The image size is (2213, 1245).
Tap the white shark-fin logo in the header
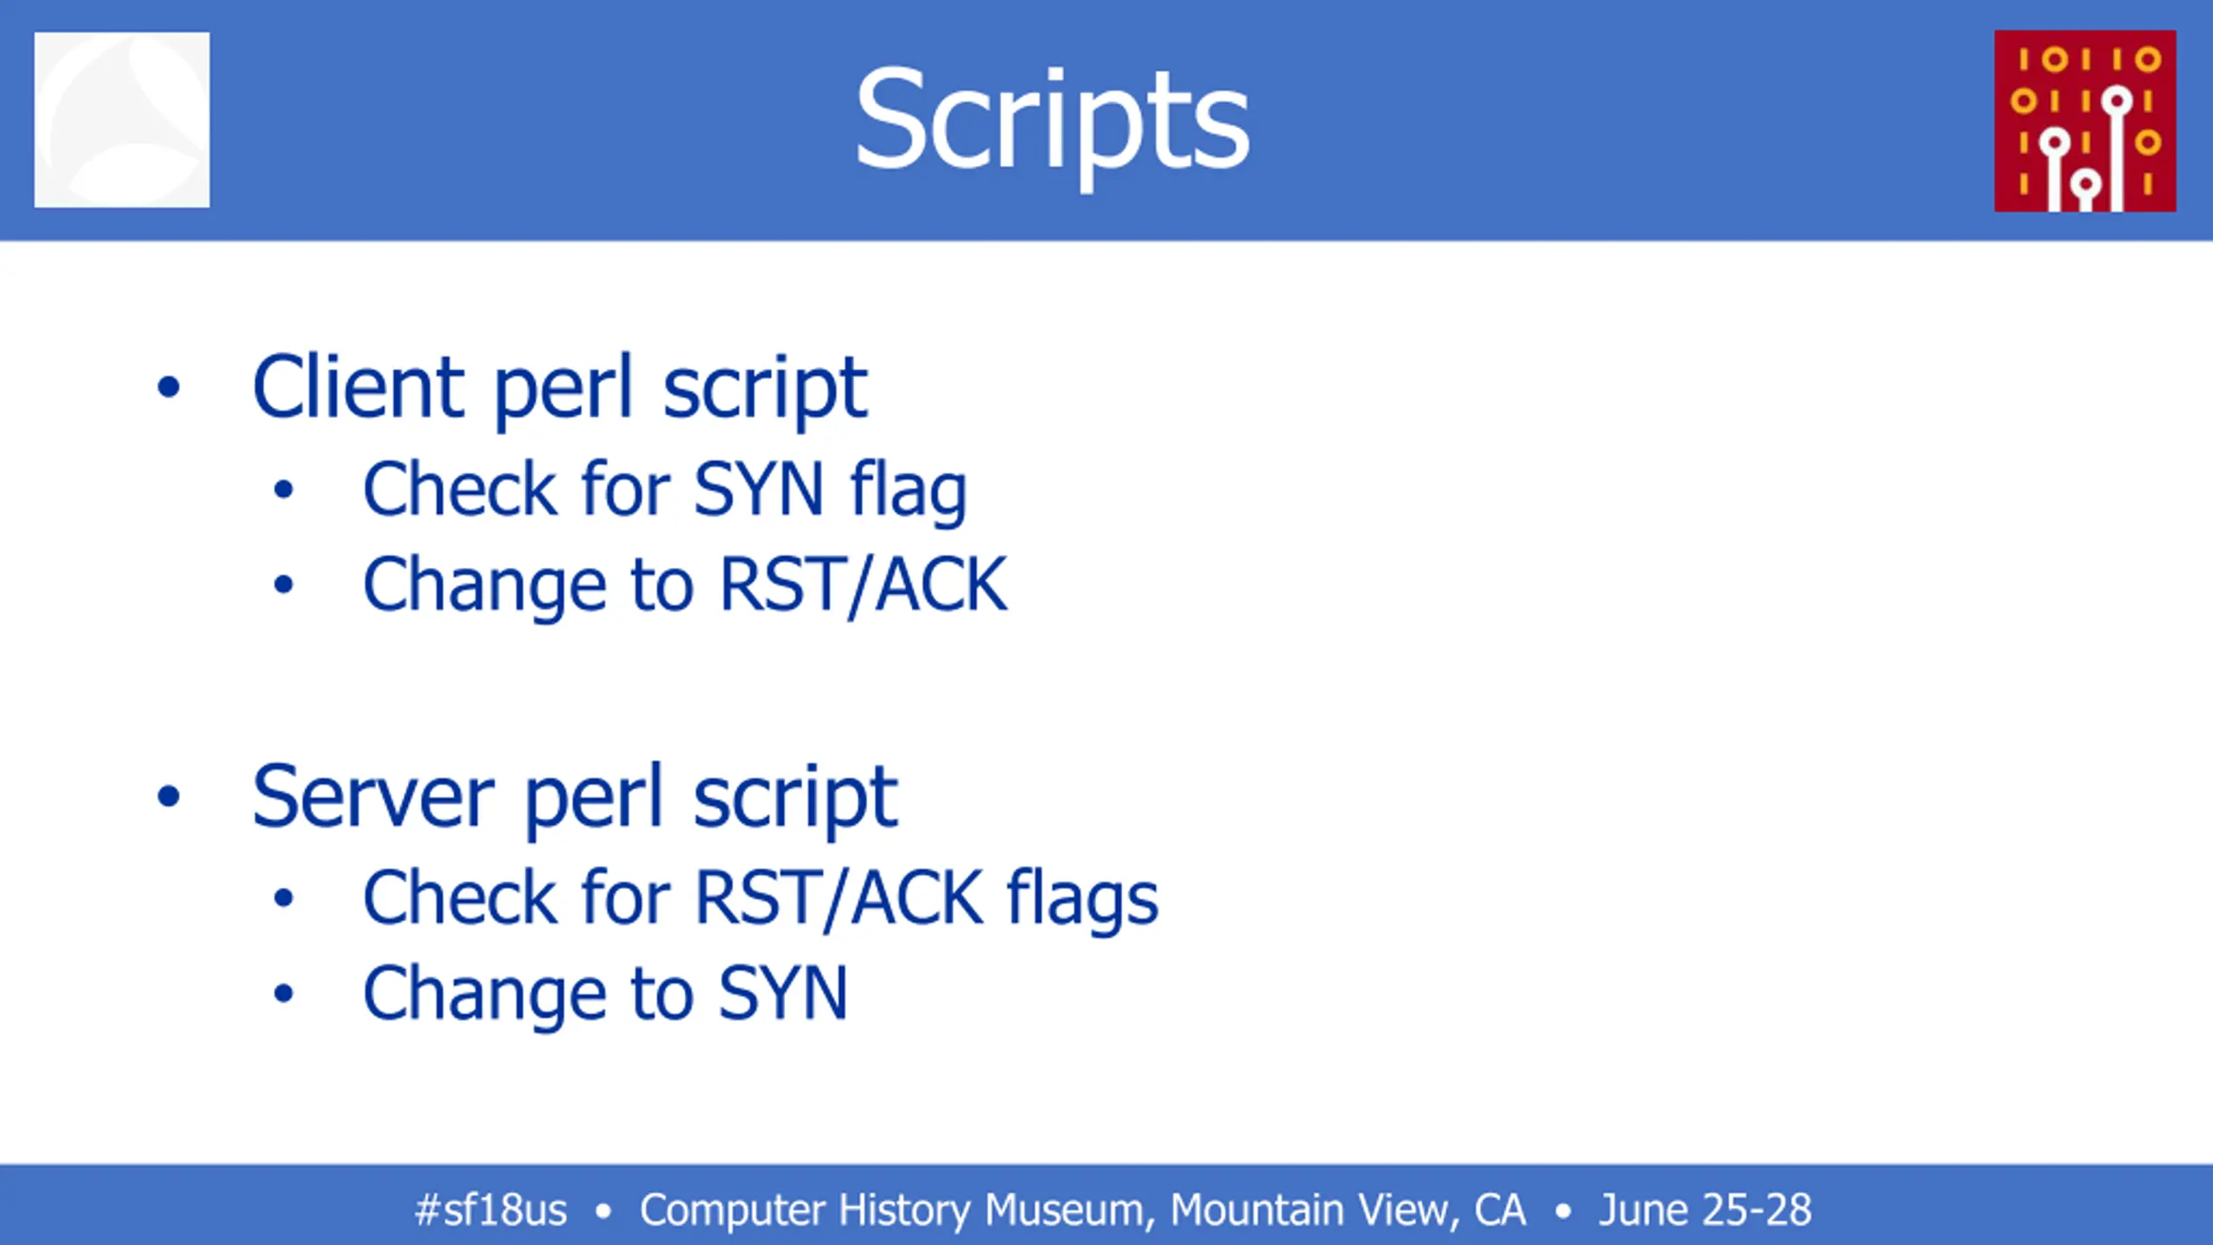(x=122, y=120)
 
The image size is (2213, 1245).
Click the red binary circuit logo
(x=2085, y=121)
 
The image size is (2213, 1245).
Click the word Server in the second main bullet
(x=373, y=796)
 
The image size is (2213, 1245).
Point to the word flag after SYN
(x=909, y=491)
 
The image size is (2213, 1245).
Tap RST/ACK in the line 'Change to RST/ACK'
(x=863, y=585)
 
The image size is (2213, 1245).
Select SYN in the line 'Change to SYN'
(x=783, y=993)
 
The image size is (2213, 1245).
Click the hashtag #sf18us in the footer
(x=491, y=1210)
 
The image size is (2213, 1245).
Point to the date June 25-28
(x=1705, y=1210)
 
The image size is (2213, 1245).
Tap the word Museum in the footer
(x=1070, y=1210)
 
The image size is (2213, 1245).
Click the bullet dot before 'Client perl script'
(x=169, y=387)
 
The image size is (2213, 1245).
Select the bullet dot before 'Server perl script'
(x=169, y=796)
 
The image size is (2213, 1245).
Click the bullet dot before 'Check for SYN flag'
(x=284, y=490)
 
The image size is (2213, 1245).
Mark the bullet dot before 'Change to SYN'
(x=284, y=993)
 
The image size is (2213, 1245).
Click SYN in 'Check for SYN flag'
(x=758, y=490)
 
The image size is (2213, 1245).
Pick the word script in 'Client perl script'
(x=765, y=388)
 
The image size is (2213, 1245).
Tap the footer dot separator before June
(x=1563, y=1210)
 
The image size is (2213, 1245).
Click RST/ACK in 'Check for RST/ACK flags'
(x=839, y=899)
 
